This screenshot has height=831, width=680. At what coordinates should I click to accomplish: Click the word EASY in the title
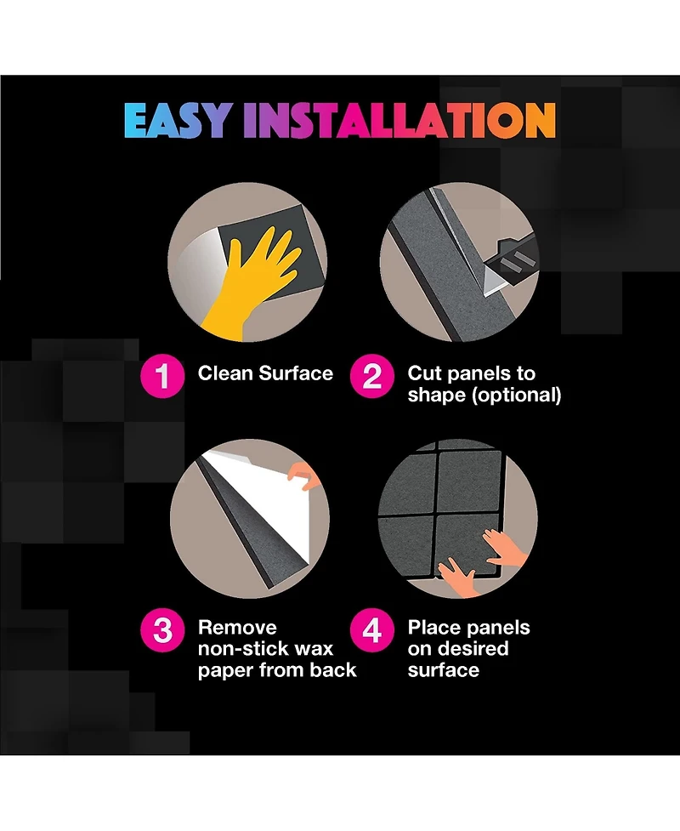pos(178,120)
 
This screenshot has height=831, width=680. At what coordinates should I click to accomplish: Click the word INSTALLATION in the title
pos(399,120)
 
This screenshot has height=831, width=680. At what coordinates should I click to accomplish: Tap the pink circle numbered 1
pos(162,376)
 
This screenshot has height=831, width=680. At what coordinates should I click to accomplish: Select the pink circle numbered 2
pos(371,376)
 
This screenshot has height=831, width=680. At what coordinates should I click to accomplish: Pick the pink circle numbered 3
pos(162,629)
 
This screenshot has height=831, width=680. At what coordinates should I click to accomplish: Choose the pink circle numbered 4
pos(371,629)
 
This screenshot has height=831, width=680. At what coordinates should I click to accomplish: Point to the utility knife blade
pos(490,275)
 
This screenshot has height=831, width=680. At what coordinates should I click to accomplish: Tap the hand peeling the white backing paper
pos(304,475)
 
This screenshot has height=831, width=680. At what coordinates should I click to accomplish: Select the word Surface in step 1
pos(296,373)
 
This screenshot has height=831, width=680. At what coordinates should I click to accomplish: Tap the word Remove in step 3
pos(237,628)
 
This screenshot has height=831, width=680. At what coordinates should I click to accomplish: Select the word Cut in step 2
pos(422,373)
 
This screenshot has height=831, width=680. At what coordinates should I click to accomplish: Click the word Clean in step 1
pos(225,373)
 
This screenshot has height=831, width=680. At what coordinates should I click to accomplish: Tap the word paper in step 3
pos(225,671)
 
